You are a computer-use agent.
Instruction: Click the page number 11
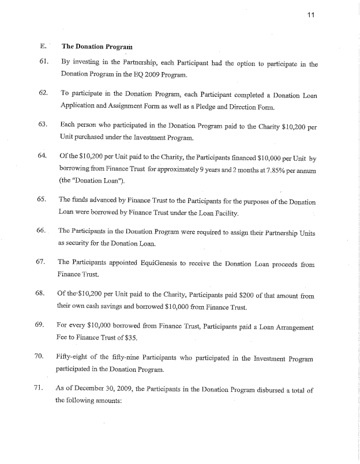pyautogui.click(x=310, y=16)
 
